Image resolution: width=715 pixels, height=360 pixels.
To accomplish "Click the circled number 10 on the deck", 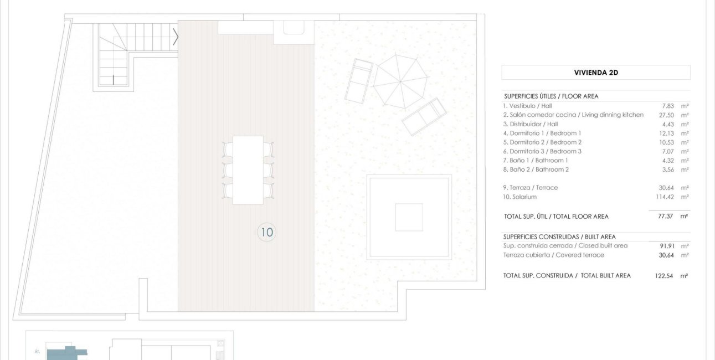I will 267,232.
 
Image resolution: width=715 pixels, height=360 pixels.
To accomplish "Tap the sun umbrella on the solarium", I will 400,81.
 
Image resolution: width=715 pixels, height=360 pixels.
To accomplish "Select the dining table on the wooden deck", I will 248,169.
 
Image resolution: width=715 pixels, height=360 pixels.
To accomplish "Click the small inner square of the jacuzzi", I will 409,217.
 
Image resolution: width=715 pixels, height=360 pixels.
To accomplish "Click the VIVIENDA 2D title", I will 595,73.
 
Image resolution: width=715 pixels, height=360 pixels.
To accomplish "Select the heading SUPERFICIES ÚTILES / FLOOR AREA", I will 551,96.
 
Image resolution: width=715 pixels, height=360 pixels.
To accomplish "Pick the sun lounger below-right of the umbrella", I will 424,116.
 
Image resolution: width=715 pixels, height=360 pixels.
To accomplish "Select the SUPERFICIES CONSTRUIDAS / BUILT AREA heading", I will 559,236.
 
